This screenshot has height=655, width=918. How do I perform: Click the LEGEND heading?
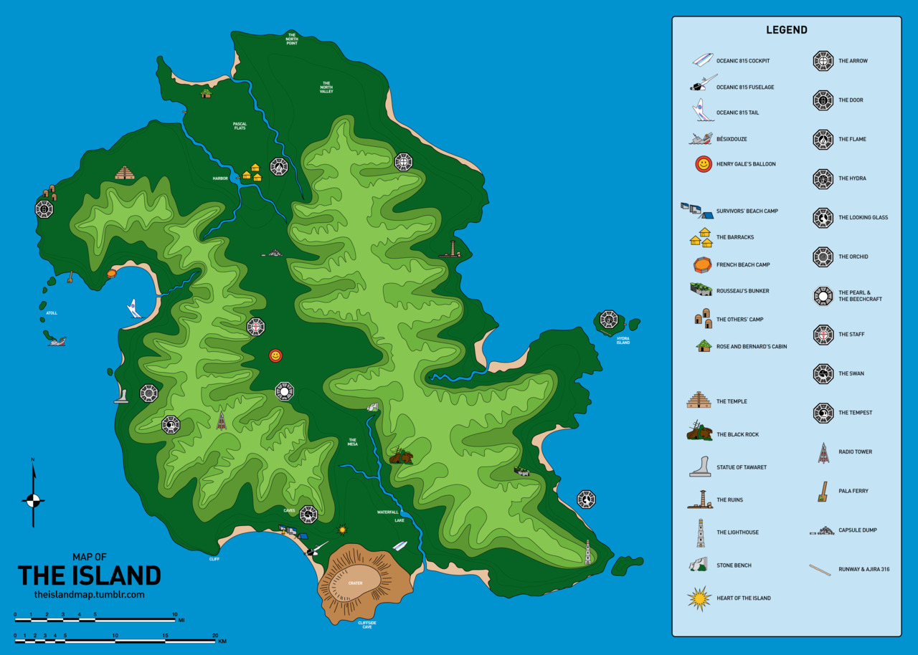tap(786, 30)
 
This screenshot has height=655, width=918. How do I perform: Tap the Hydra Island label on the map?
tap(623, 340)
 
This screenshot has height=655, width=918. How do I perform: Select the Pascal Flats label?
tap(240, 126)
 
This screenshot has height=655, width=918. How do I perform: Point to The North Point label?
tap(291, 39)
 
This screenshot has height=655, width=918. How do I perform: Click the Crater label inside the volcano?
tap(355, 583)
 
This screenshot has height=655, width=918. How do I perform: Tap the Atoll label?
tap(52, 313)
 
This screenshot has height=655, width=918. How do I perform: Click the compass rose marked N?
tap(32, 499)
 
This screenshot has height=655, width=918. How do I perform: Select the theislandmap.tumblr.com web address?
tap(89, 595)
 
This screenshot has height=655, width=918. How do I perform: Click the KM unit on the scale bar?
tap(222, 641)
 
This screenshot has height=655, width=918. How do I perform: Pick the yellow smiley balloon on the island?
tap(275, 355)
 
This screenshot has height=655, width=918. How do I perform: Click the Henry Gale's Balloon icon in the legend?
tap(704, 164)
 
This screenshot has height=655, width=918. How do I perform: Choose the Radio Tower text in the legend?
tap(855, 452)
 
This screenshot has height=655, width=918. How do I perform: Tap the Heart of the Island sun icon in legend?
tap(699, 598)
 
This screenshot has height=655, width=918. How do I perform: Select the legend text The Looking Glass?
tap(863, 218)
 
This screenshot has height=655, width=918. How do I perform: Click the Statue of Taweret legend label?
tap(741, 467)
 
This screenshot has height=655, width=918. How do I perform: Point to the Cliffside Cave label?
tap(366, 625)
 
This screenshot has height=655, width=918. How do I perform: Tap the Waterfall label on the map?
tap(387, 512)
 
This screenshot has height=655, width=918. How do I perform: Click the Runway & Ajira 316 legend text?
tap(864, 570)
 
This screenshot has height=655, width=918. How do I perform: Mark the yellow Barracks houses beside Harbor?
tap(251, 173)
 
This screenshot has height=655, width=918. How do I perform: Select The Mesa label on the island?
tap(352, 442)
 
